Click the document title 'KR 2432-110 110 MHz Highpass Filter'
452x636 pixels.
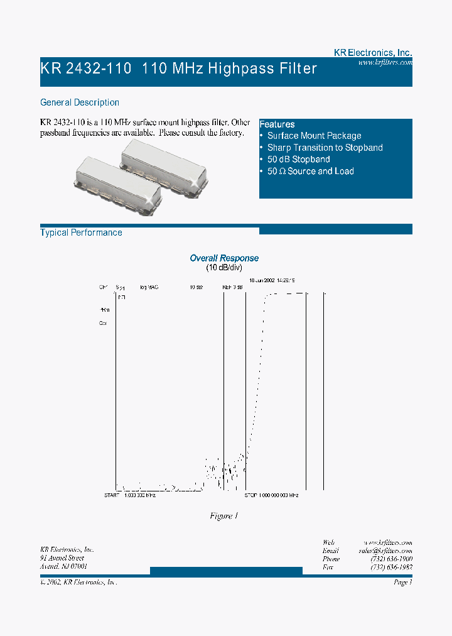tap(179, 69)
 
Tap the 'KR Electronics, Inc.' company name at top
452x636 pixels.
tap(372, 53)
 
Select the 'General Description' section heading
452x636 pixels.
tap(80, 102)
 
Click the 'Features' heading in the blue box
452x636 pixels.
tap(277, 124)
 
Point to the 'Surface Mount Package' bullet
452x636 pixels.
tap(314, 136)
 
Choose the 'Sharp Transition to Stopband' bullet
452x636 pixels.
tap(325, 148)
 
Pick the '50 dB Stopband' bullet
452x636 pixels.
tap(298, 160)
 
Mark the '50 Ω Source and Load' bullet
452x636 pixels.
tap(310, 172)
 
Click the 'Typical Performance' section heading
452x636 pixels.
tap(81, 233)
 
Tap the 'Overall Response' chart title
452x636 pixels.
tap(224, 258)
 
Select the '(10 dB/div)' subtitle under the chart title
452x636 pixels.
tap(224, 268)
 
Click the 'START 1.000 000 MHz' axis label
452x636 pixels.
tap(130, 496)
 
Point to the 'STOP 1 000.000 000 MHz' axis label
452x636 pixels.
tap(271, 496)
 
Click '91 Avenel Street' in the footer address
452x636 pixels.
tap(62, 558)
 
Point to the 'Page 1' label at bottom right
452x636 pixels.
tap(402, 583)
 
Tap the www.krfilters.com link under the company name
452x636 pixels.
tap(385, 63)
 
